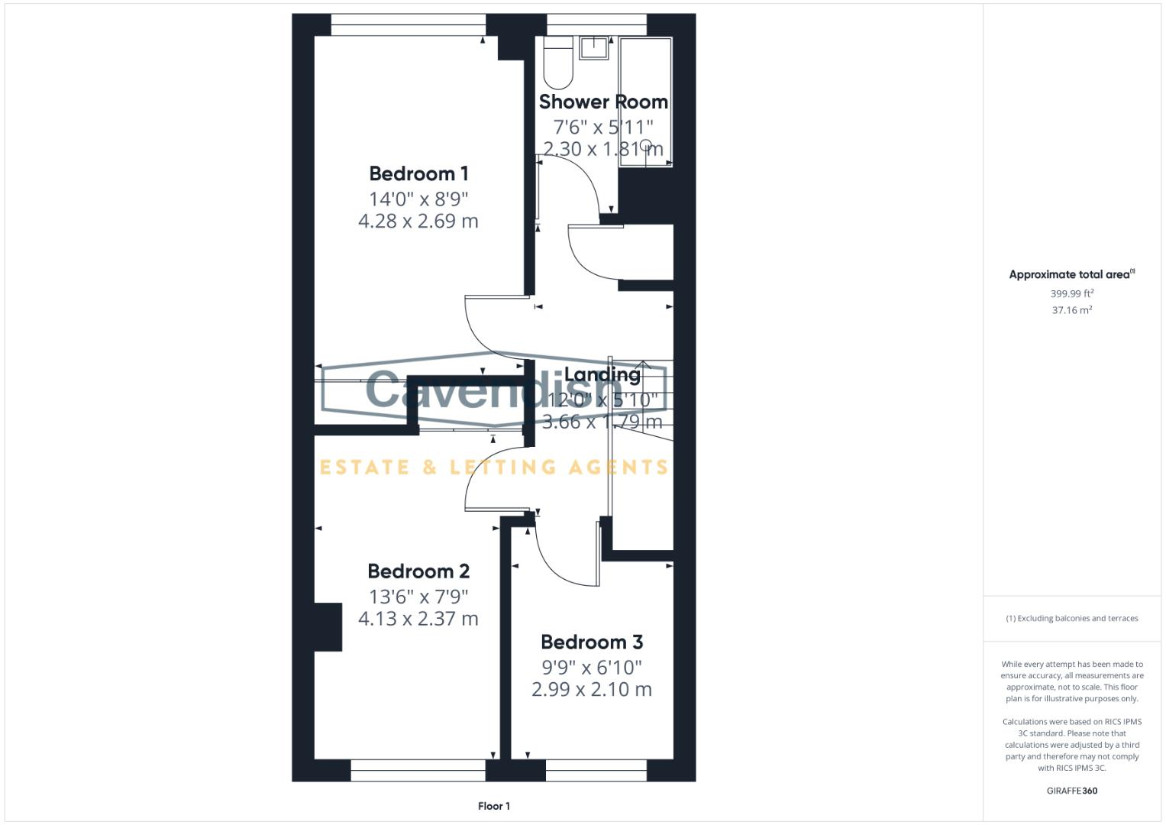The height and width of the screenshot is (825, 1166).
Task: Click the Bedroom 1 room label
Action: click(x=418, y=173)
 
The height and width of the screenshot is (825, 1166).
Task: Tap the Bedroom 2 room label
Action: click(x=418, y=571)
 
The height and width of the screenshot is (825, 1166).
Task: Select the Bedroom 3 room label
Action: click(x=592, y=642)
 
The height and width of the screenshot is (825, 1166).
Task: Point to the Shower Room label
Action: click(x=603, y=102)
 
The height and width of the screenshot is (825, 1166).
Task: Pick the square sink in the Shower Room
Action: click(x=594, y=47)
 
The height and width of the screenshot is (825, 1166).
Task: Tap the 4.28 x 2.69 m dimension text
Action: click(x=418, y=222)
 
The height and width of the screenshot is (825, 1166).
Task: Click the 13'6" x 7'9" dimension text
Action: click(x=418, y=597)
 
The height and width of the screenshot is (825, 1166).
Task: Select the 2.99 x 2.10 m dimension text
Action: click(x=592, y=690)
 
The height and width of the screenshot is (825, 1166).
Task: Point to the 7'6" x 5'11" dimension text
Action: click(x=603, y=127)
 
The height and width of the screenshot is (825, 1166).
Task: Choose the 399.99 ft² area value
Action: click(x=1071, y=293)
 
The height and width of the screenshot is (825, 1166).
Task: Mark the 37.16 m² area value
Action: click(x=1071, y=310)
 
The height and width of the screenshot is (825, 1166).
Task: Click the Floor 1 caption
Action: click(x=494, y=806)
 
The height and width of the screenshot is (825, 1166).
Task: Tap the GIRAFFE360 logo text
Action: click(x=1071, y=791)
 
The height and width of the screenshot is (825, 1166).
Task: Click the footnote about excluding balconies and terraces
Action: click(x=1071, y=619)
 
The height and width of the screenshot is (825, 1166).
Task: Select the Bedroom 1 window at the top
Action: click(x=408, y=24)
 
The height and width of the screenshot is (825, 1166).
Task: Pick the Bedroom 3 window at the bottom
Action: click(x=596, y=770)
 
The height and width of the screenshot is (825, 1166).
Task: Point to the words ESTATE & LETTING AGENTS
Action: click(x=494, y=467)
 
